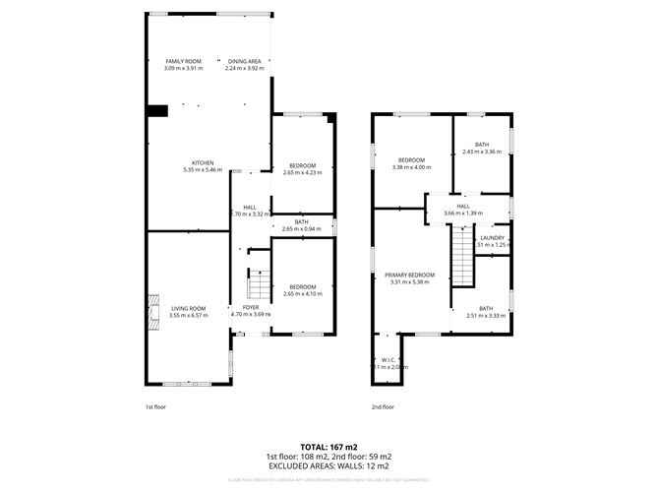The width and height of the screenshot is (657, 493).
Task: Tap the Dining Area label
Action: tap(245, 61)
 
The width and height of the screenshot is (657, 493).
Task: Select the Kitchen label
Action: tap(203, 162)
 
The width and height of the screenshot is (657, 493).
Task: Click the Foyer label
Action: tap(251, 308)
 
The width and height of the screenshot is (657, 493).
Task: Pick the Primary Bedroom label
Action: tap(409, 275)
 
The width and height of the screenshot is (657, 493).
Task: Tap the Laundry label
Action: tap(494, 238)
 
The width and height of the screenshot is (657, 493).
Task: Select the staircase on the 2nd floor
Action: tap(461, 255)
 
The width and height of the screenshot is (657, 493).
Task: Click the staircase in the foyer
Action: tap(257, 285)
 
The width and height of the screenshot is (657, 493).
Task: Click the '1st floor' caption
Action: tap(156, 406)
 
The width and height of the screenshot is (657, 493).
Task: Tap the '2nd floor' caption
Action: tap(383, 406)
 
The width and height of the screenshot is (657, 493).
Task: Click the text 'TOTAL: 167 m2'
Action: tap(328, 448)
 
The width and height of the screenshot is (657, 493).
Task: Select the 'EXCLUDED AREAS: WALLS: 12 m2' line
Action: tap(328, 466)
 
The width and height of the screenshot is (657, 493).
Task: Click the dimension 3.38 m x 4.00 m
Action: tap(411, 166)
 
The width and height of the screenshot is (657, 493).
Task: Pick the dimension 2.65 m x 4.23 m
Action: tap(302, 173)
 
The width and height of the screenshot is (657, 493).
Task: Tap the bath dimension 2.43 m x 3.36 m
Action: tap(482, 153)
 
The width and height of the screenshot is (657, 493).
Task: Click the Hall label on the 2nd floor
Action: tap(464, 207)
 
